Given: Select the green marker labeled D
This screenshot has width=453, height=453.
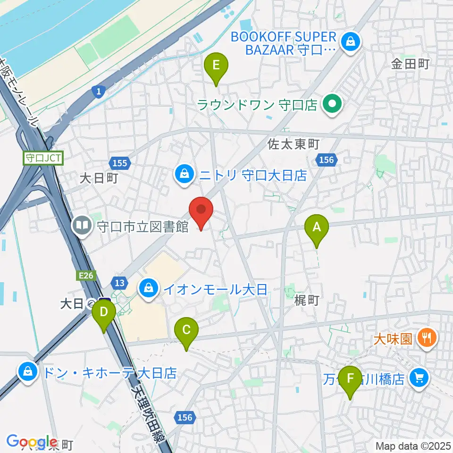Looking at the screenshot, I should [x=104, y=312].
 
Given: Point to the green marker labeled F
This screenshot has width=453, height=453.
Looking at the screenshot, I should [x=350, y=378].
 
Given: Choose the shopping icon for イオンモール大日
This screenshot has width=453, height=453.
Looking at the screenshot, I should [x=149, y=287].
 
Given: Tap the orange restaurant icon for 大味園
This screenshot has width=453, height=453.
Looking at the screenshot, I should [x=428, y=338].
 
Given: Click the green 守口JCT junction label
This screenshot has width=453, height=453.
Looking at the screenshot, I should [x=43, y=158].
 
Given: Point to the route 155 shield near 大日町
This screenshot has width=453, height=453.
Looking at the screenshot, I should [x=120, y=163].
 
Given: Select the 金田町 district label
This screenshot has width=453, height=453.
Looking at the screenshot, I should [x=410, y=64].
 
